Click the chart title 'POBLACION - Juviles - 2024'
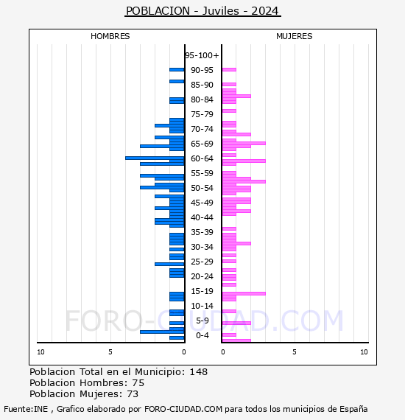tap(202, 11)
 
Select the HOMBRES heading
tap(110, 36)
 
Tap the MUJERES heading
tap(295, 36)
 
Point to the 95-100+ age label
tap(202, 55)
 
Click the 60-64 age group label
tap(202, 158)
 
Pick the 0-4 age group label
tap(202, 335)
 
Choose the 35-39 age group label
tap(202, 232)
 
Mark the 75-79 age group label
tap(202, 114)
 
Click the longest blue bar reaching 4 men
tap(155, 158)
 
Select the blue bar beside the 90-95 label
tap(177, 70)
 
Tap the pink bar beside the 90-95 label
tap(229, 70)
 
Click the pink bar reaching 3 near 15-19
tap(244, 293)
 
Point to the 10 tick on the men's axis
tap(40, 352)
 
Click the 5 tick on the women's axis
tap(295, 352)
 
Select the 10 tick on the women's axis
tap(364, 352)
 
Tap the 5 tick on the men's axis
tap(110, 352)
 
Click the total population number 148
tap(198, 372)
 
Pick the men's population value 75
tap(138, 382)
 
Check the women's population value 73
tap(133, 393)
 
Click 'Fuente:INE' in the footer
tap(26, 409)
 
